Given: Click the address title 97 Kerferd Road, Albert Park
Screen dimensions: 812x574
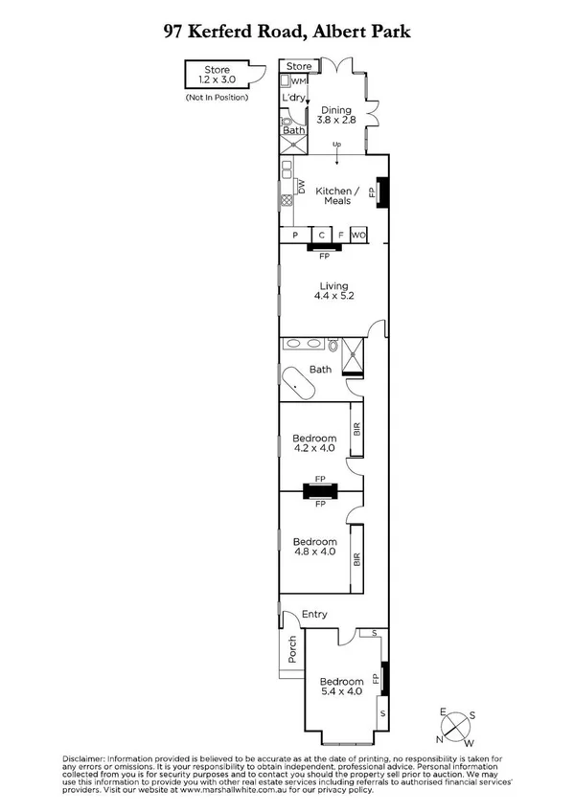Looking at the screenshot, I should coord(287,32).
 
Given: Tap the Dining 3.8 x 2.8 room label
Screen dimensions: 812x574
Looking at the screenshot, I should coord(335,116).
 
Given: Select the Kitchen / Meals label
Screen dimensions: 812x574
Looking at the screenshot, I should coord(336,195).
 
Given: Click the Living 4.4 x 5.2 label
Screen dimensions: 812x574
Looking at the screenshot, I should coord(333,291).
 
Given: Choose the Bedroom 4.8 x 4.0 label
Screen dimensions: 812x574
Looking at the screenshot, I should coord(314,546).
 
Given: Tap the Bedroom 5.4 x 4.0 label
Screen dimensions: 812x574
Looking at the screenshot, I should coord(340,687).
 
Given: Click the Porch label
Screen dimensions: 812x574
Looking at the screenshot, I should coord(292,651).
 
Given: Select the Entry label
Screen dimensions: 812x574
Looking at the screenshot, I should coord(314,614).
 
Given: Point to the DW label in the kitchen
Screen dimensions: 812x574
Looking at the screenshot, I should coord(300,188).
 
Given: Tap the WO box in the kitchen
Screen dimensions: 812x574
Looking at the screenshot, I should coord(358,235).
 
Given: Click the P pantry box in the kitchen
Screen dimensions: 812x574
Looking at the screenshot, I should coord(296,235).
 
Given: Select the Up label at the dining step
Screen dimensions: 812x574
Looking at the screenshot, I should coord(336,145).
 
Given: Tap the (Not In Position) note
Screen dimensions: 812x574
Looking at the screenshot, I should coord(217,98).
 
